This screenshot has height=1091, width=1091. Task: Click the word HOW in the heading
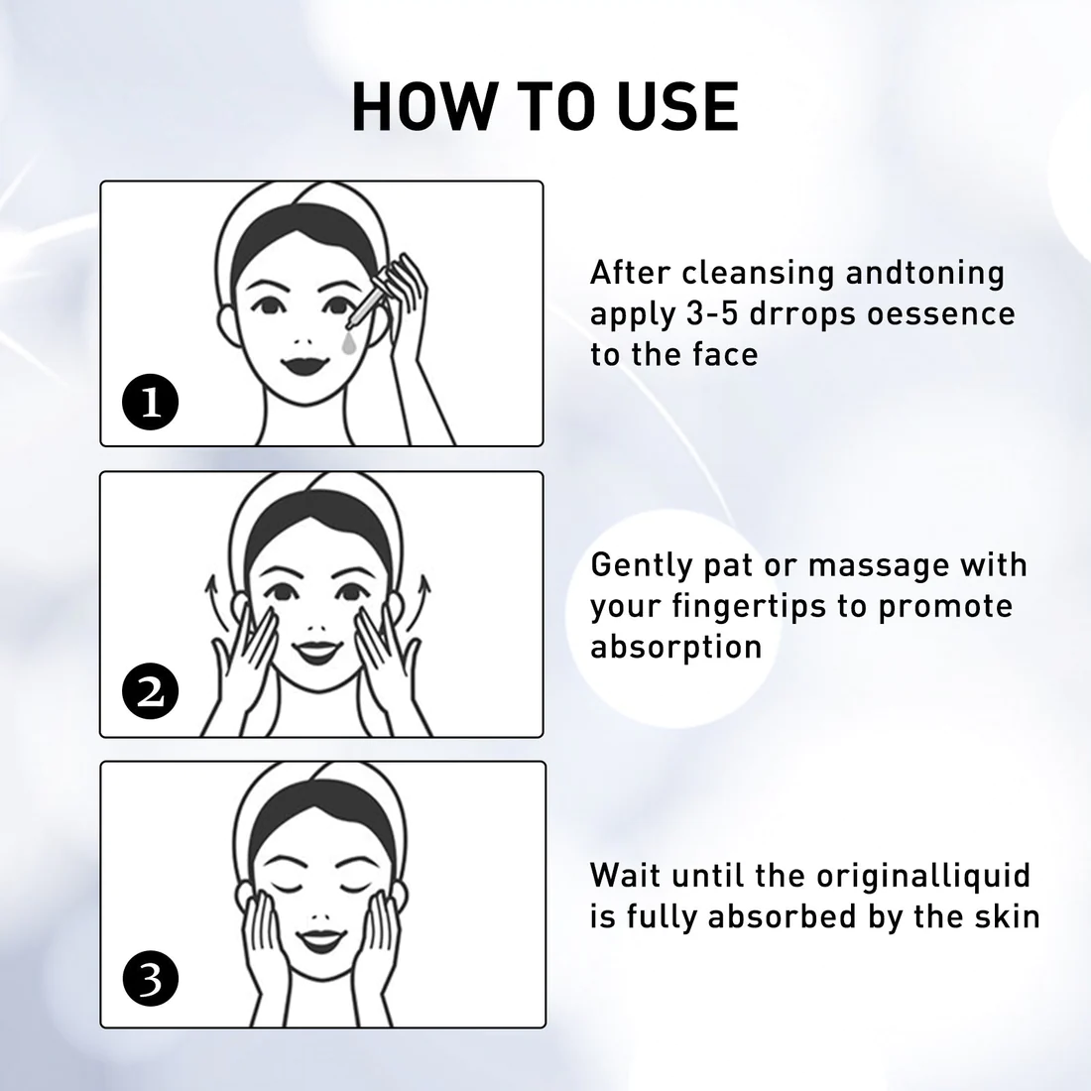421,107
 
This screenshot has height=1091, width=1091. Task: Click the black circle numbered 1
151,402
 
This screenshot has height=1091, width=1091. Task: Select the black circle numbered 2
151,691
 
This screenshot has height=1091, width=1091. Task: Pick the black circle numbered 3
151,978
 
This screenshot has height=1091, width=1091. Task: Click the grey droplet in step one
348,343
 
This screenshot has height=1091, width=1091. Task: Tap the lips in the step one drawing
304,365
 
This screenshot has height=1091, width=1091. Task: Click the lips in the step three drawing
320,940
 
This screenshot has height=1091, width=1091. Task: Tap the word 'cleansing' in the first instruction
758,274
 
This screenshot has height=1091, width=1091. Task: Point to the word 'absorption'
676,648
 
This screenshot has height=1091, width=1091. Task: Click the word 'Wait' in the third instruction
625,876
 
